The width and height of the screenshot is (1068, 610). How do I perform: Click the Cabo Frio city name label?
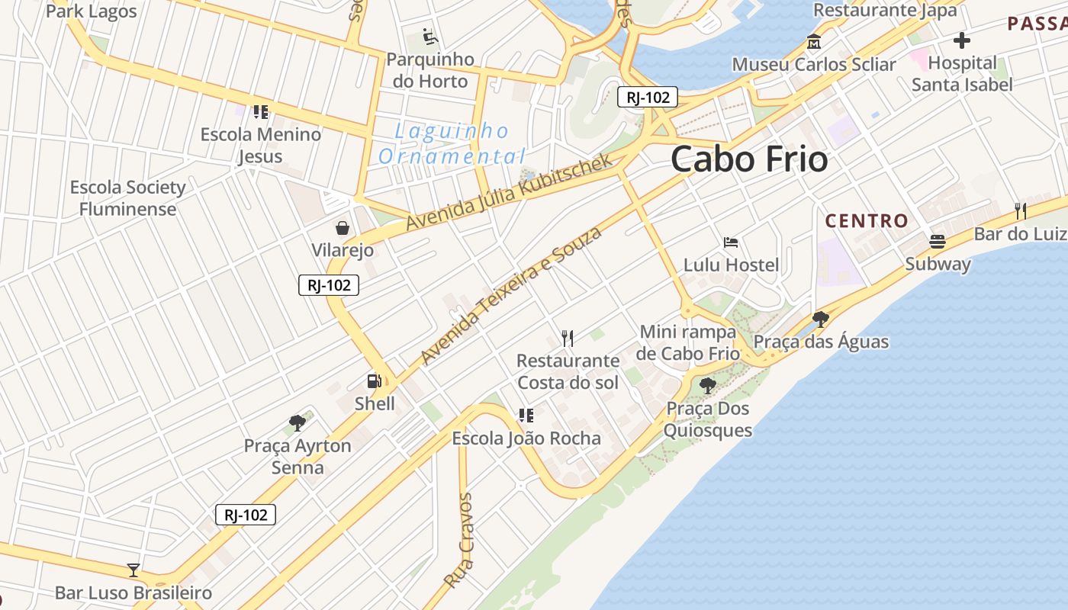(749, 159)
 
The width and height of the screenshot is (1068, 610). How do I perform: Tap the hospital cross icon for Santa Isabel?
(962, 40)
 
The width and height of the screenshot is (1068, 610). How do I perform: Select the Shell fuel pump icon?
(374, 381)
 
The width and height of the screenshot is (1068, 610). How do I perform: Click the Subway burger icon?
(938, 242)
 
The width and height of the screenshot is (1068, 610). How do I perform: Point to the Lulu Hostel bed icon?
(731, 243)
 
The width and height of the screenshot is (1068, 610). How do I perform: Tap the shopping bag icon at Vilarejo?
(343, 228)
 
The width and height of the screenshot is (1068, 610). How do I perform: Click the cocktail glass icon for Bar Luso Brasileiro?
(133, 570)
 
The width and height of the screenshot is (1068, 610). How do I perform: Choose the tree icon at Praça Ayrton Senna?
(298, 422)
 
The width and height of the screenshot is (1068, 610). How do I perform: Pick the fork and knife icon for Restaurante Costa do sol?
(568, 338)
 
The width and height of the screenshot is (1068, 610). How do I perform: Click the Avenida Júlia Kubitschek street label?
(509, 192)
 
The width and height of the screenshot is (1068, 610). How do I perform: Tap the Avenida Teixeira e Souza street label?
(510, 295)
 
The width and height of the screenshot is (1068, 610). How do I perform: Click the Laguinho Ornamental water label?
(452, 143)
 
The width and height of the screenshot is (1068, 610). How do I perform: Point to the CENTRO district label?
(867, 221)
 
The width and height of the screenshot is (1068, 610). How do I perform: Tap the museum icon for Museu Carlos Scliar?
(814, 42)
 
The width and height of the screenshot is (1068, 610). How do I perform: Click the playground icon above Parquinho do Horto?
(429, 36)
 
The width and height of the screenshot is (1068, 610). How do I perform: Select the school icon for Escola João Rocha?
(526, 416)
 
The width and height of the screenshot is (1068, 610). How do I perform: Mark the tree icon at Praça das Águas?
(821, 319)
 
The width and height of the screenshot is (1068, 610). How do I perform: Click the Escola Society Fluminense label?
(127, 198)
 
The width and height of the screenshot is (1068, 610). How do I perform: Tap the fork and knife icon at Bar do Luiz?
(1020, 210)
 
